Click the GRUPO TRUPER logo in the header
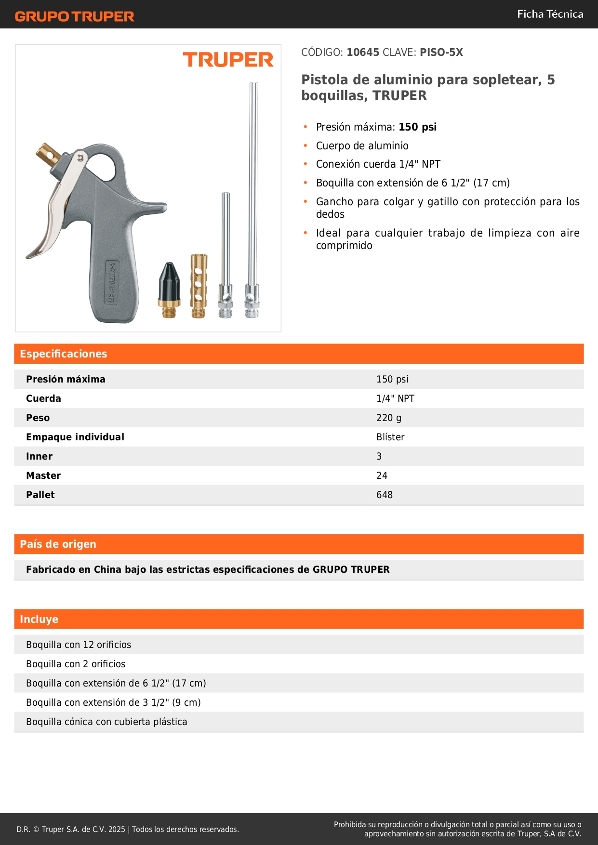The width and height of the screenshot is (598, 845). pyautogui.click(x=74, y=16)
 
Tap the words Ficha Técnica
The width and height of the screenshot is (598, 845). pyautogui.click(x=550, y=14)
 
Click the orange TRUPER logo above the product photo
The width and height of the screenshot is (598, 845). pyautogui.click(x=228, y=60)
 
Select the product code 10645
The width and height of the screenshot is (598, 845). pyautogui.click(x=363, y=53)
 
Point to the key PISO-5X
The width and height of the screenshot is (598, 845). pyautogui.click(x=441, y=53)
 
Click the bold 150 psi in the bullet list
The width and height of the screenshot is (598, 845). pyautogui.click(x=417, y=127)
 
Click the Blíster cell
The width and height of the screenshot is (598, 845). pyautogui.click(x=390, y=437)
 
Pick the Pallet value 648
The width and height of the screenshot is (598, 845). pyautogui.click(x=385, y=495)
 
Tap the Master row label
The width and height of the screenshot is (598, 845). pyautogui.click(x=43, y=475)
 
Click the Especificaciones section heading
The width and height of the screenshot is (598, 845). pyautogui.click(x=64, y=354)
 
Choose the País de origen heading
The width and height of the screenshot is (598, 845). pyautogui.click(x=58, y=544)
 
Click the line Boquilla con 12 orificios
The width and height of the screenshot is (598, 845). pyautogui.click(x=79, y=645)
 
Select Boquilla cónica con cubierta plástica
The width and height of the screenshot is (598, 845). pyautogui.click(x=106, y=722)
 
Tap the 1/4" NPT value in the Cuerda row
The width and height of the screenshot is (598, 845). pyautogui.click(x=395, y=398)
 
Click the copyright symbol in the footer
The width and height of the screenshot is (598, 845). pyautogui.click(x=36, y=830)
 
